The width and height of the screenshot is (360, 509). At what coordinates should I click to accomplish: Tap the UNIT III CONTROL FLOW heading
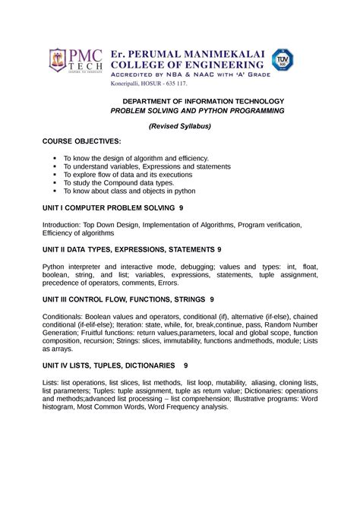click(x=128, y=299)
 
